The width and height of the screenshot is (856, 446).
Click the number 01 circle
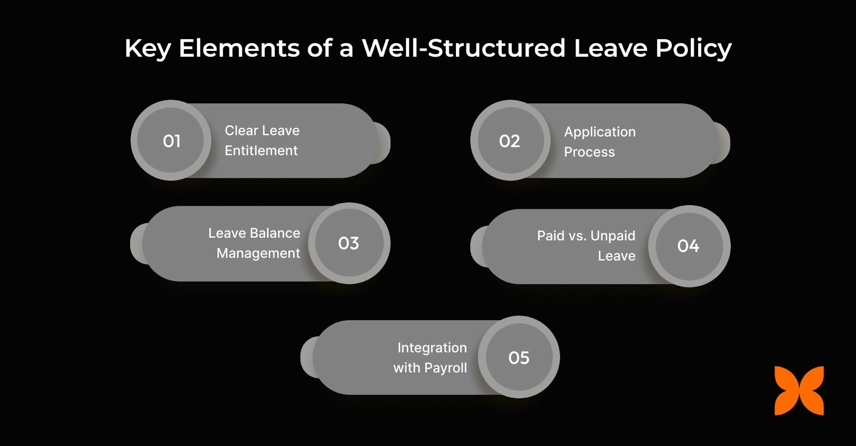click(171, 141)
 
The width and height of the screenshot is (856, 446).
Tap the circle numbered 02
click(510, 141)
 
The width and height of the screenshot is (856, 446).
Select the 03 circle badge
click(349, 244)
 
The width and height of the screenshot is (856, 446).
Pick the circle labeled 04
click(689, 246)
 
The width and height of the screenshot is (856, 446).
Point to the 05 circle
click(519, 358)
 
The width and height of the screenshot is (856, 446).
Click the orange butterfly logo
click(799, 391)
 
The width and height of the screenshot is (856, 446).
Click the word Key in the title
click(147, 48)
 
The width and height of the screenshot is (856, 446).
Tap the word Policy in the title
click(693, 48)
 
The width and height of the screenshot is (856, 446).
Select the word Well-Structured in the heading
click(463, 48)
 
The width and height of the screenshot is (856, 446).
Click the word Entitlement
click(261, 151)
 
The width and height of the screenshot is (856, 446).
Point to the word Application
click(600, 132)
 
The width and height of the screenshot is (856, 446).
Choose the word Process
click(590, 152)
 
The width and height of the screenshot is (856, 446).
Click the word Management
click(258, 253)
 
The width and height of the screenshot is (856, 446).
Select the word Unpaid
click(613, 236)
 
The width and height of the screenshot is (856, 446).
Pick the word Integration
click(432, 348)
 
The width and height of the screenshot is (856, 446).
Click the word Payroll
click(445, 368)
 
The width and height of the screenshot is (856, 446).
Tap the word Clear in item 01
click(242, 131)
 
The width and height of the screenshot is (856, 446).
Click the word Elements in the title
click(239, 48)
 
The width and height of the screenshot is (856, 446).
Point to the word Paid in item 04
click(551, 236)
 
